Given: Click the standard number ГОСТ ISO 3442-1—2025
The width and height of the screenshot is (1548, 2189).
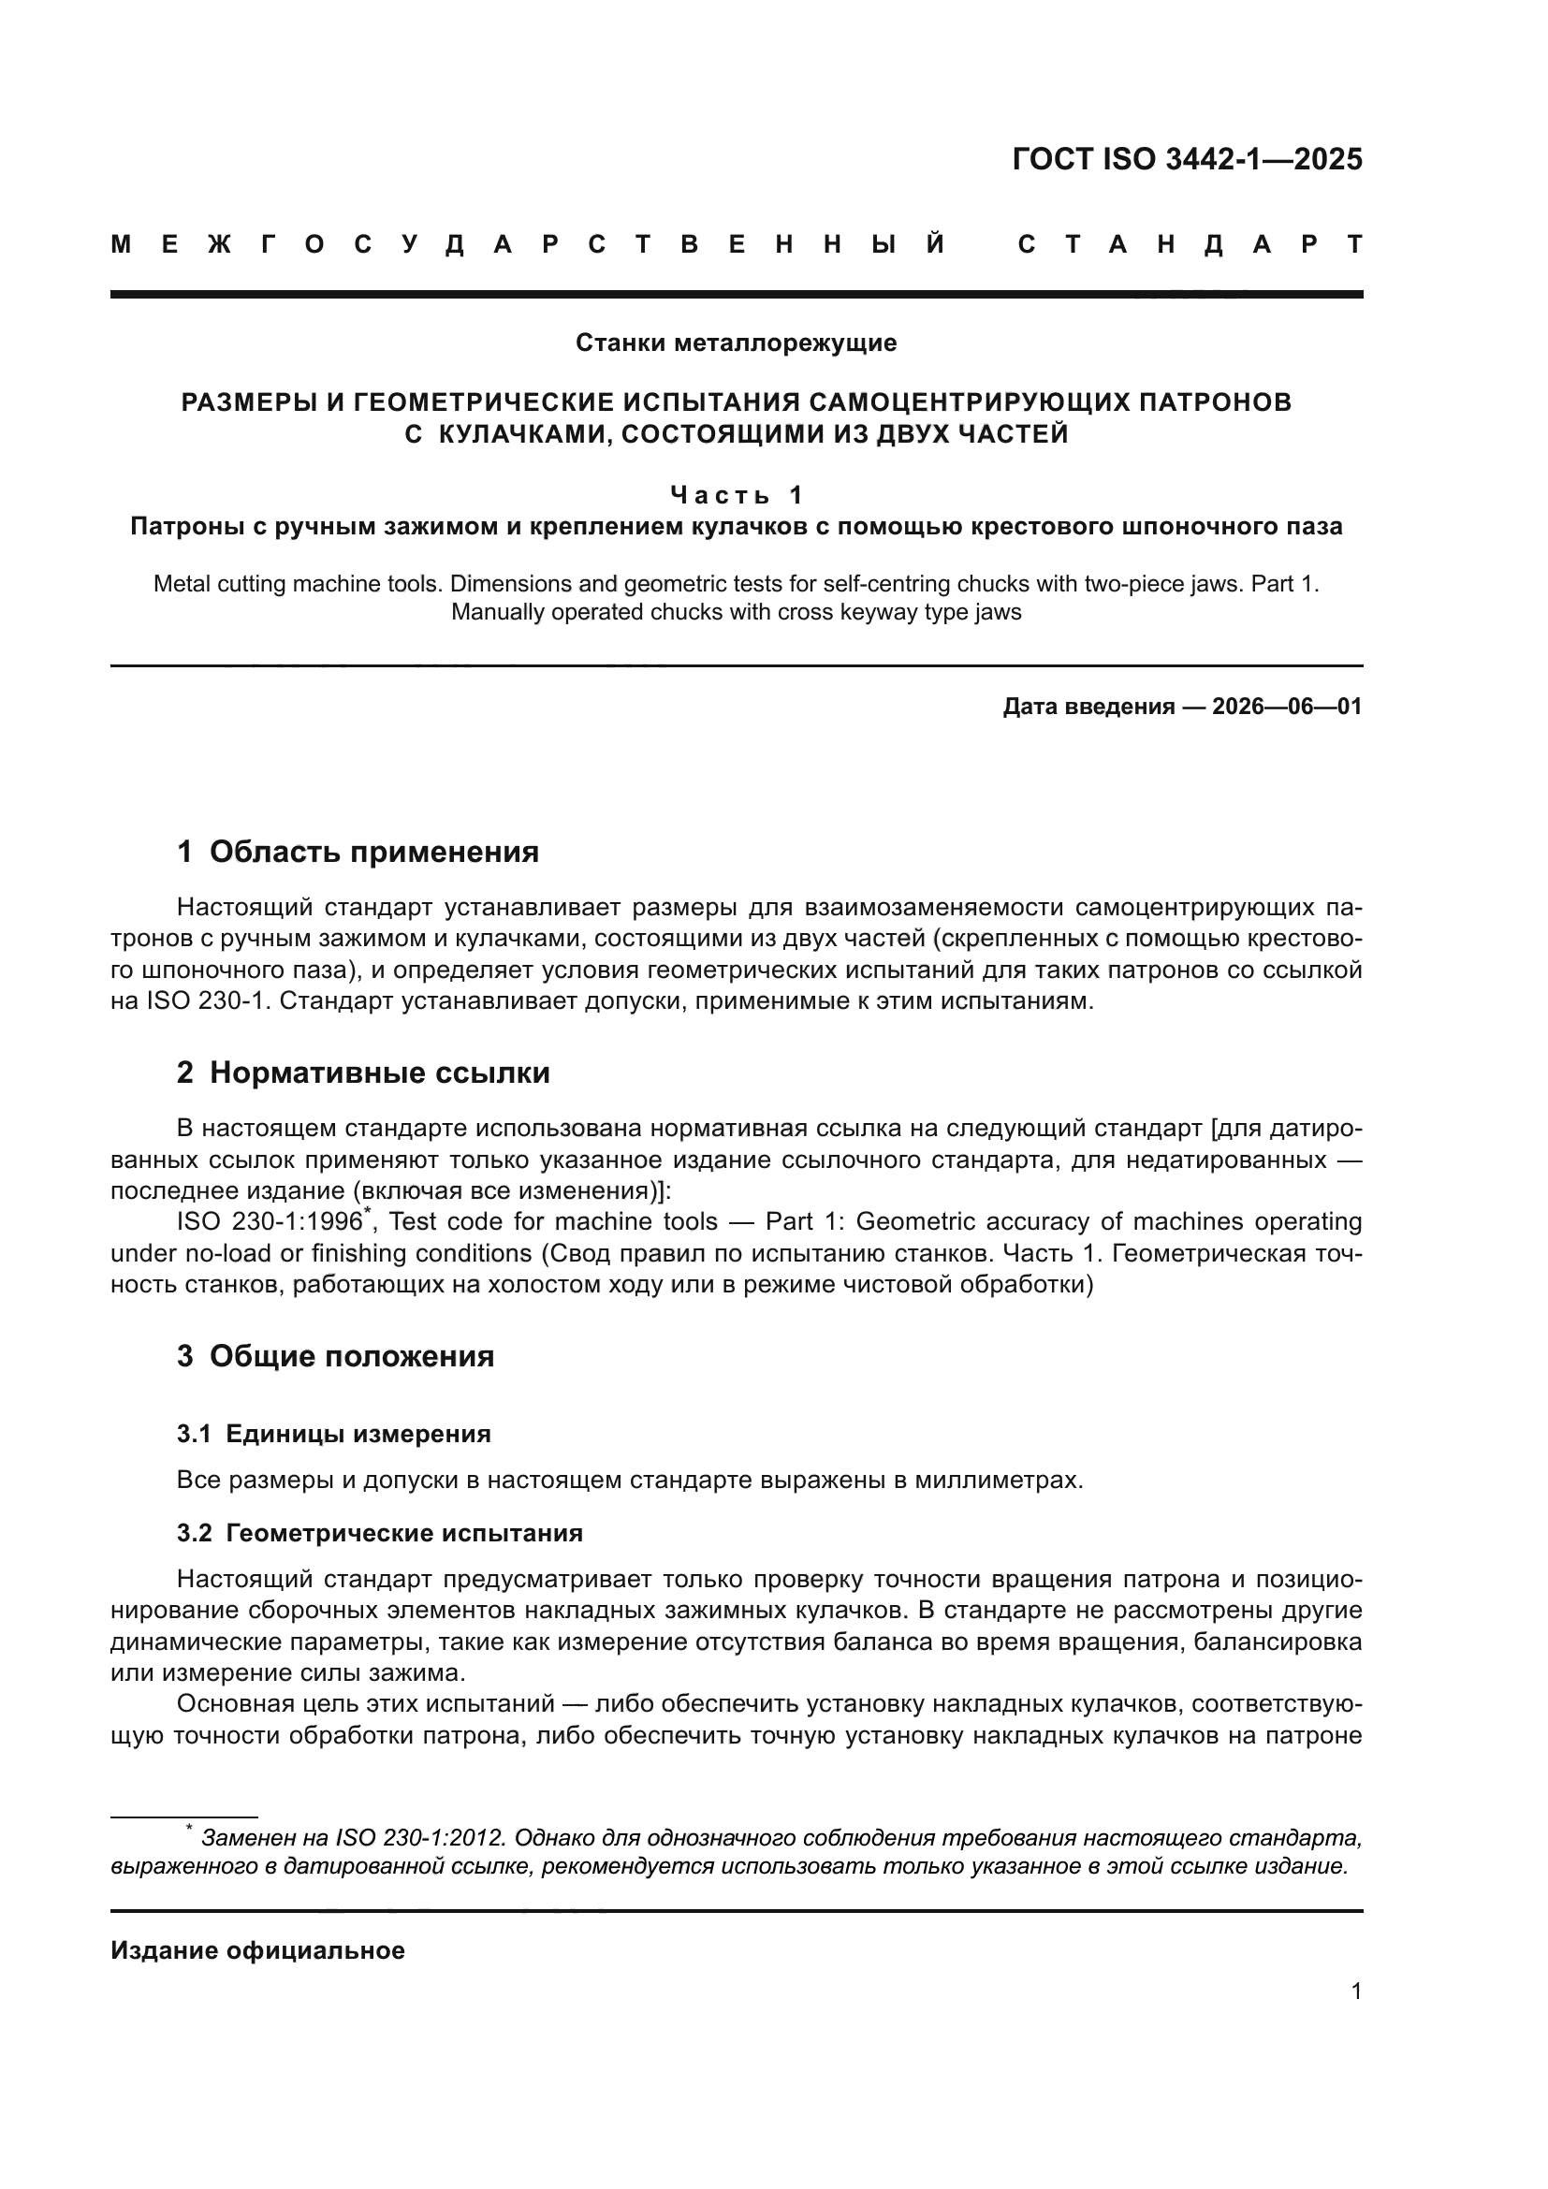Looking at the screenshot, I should [x=1187, y=159].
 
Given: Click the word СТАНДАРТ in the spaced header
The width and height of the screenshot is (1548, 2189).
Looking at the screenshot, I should [x=1190, y=245].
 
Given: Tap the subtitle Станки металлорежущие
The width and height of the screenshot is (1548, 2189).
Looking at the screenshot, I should [x=736, y=343].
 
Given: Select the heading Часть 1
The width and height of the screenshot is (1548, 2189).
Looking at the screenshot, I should [x=736, y=495].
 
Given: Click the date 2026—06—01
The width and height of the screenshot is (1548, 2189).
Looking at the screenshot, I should [x=1287, y=707].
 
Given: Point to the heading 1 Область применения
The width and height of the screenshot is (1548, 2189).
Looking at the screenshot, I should [x=358, y=852].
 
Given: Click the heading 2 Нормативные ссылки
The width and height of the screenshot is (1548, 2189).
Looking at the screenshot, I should [x=363, y=1073].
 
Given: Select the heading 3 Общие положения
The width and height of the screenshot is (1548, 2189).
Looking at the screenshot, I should [x=336, y=1356].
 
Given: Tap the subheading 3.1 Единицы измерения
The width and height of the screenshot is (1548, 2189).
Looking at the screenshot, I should [x=333, y=1434].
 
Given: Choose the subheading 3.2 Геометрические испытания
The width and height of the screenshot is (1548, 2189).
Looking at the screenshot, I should [x=379, y=1533].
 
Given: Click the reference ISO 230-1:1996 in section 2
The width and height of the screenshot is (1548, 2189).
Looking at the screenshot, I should [x=269, y=1222].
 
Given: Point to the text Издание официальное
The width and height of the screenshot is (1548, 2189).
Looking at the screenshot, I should [x=257, y=1950].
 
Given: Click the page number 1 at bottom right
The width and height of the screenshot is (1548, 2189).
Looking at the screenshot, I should [x=1356, y=1992].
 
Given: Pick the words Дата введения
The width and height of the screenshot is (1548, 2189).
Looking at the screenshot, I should [x=1088, y=707].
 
